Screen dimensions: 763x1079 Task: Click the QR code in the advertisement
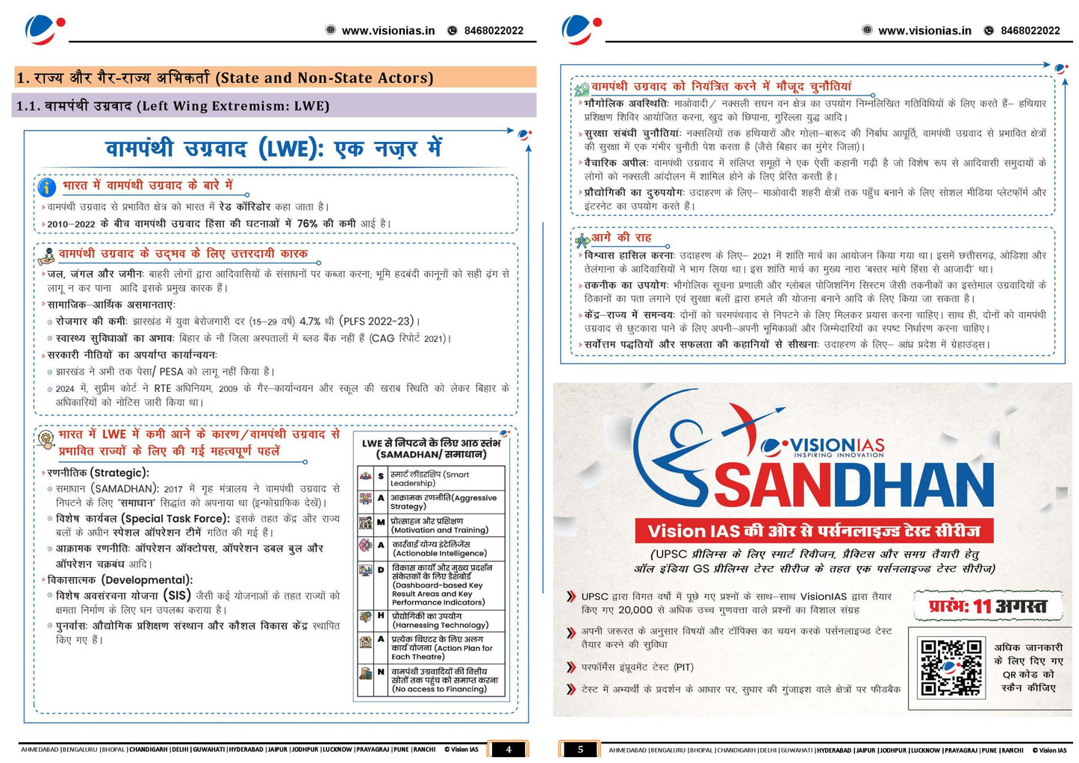[951, 667]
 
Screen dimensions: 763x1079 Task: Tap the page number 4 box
[509, 749]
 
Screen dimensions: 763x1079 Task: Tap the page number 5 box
[580, 749]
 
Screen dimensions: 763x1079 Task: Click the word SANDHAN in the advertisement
[853, 485]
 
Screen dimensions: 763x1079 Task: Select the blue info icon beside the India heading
[47, 187]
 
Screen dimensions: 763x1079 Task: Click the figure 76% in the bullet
[307, 223]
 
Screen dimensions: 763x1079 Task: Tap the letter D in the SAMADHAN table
[381, 570]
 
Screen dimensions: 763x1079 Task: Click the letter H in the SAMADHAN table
[381, 615]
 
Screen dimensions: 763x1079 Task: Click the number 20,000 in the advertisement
[635, 610]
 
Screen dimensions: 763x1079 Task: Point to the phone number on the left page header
[494, 31]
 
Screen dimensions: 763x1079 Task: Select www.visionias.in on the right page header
[924, 31]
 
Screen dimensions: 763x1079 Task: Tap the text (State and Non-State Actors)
[324, 78]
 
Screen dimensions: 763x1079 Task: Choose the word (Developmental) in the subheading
[147, 580]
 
